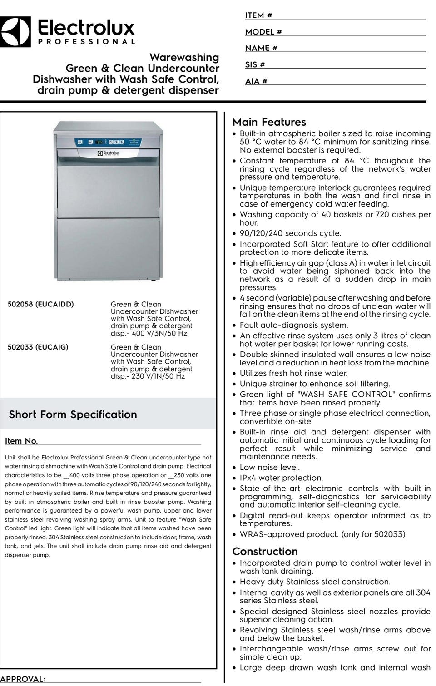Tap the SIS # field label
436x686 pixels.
[255, 64]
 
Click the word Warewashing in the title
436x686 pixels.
[184, 58]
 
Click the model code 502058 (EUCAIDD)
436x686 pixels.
[40, 304]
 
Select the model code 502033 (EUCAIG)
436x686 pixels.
[38, 347]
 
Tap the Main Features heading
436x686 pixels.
[269, 122]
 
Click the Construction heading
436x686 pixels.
[265, 552]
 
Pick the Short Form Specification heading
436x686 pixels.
[73, 415]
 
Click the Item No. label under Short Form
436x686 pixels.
[21, 441]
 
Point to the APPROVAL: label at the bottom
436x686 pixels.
[23, 679]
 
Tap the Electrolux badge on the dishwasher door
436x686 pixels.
[108, 153]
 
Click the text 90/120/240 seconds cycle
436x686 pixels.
[290, 233]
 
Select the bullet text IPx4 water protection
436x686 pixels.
[281, 478]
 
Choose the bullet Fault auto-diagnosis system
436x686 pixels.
[294, 325]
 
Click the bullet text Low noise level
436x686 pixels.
[269, 468]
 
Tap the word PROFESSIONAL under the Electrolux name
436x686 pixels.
[86, 42]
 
